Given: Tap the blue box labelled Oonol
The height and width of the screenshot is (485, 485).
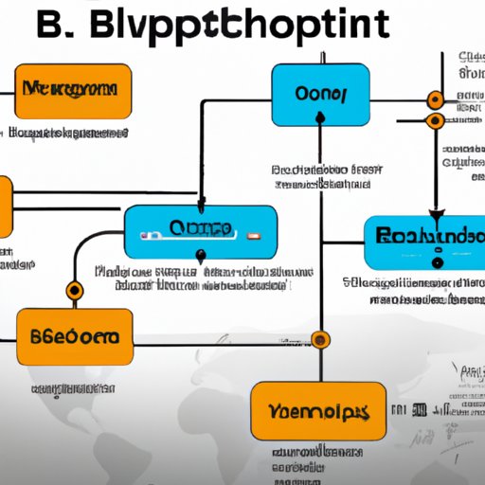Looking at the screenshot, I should point(321,94).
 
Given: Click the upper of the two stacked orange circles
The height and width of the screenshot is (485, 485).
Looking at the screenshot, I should point(435,99).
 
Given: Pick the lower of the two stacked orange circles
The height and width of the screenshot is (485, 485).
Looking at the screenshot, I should point(435,120).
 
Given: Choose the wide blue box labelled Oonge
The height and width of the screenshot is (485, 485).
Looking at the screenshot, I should point(201,230).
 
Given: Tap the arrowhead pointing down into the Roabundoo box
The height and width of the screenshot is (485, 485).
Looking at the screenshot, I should point(438,214).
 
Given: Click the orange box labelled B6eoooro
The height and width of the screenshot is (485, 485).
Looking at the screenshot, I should point(74,338).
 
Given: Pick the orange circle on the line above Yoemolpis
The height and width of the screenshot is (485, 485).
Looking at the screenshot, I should point(321,338).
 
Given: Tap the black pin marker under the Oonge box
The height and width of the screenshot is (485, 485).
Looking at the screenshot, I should point(200,254).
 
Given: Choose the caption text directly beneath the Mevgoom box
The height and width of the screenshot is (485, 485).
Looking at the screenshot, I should point(71,135).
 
